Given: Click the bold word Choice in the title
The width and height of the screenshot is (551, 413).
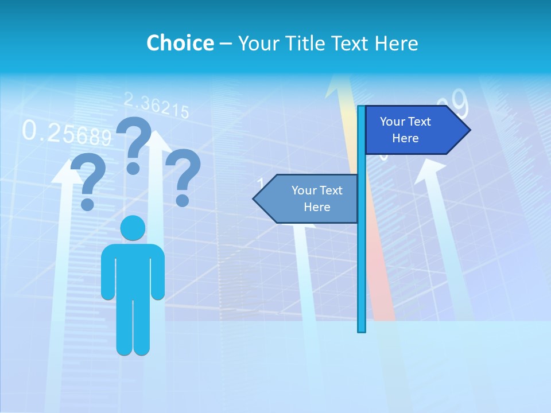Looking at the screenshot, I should [180, 43].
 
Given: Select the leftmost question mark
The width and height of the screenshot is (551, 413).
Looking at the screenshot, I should [87, 181].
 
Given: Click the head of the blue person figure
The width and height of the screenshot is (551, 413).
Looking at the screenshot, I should [133, 228].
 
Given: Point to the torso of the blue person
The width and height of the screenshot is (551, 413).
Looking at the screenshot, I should [133, 270].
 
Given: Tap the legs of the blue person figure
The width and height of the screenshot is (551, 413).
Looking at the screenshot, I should [133, 327].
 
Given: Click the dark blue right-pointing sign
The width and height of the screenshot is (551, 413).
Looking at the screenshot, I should [410, 130].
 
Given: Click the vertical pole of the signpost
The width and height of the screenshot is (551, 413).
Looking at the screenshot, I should [362, 258].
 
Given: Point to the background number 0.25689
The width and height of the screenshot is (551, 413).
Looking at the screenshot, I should [66, 133].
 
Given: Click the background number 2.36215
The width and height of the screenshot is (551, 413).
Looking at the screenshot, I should [156, 106].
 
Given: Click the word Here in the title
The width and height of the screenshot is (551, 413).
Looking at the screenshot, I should [396, 43].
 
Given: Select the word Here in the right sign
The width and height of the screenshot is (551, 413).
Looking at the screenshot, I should [405, 138].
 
